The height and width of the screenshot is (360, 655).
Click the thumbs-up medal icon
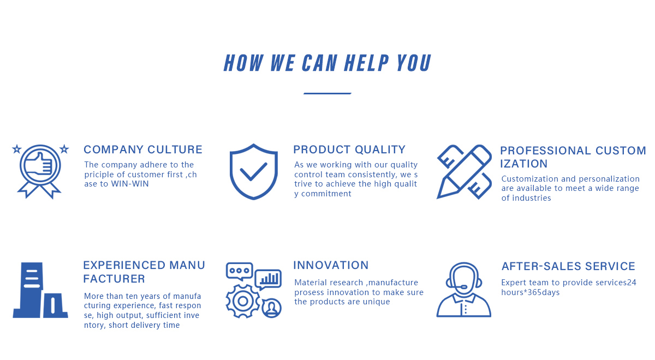coord(40,170)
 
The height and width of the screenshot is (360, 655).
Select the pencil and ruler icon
coord(465,171)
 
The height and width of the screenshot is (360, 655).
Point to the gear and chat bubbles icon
coord(254,290)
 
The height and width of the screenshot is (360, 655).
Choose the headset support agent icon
coord(464,290)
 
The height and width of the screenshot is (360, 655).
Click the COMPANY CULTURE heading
coord(143,149)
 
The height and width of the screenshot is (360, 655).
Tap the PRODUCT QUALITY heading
coord(349,149)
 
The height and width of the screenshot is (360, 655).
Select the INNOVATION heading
coord(331,265)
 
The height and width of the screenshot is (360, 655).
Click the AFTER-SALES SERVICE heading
coord(568,266)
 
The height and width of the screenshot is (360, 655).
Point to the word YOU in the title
coord(414,63)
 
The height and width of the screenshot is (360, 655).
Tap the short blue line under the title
coord(327,93)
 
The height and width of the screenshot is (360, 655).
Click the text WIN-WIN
coord(130,184)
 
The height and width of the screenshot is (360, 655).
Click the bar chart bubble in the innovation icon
coord(269,279)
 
